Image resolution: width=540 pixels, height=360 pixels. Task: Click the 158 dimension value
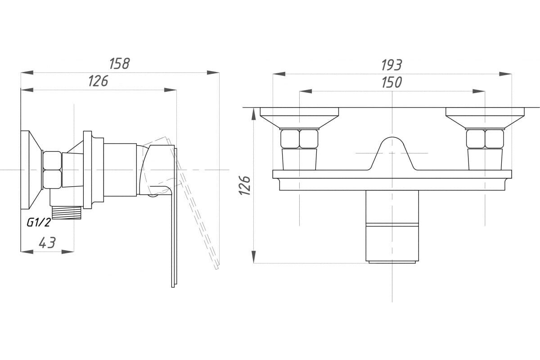[x=120, y=63]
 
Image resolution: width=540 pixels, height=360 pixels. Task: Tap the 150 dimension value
[x=391, y=83]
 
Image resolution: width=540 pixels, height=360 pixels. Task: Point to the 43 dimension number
[x=47, y=243]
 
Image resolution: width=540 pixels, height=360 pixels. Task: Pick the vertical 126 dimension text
[x=244, y=185]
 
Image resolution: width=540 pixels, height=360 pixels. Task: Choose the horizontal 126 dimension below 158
[x=98, y=81]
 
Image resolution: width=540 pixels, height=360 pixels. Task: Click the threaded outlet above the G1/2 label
[x=67, y=212]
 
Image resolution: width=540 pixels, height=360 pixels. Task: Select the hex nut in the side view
[x=52, y=170]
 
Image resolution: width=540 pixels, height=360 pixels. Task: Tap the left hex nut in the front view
[x=299, y=139]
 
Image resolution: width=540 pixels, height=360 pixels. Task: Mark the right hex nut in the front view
[x=485, y=139]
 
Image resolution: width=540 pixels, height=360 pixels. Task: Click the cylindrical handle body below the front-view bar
[x=392, y=225]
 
